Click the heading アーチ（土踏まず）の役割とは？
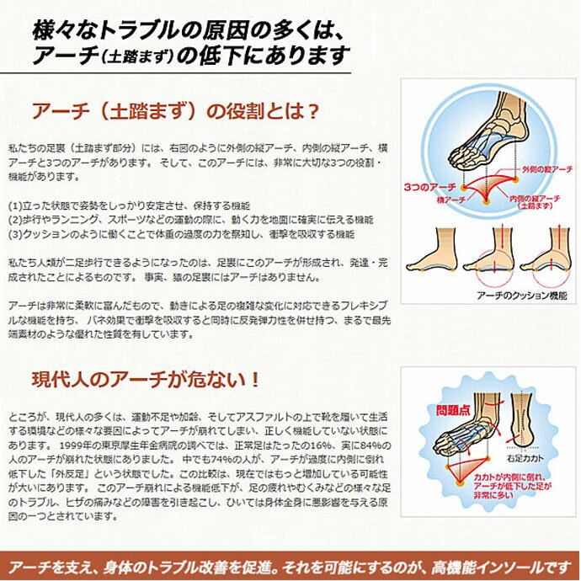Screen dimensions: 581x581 174,112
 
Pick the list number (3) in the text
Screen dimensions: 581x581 14,234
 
